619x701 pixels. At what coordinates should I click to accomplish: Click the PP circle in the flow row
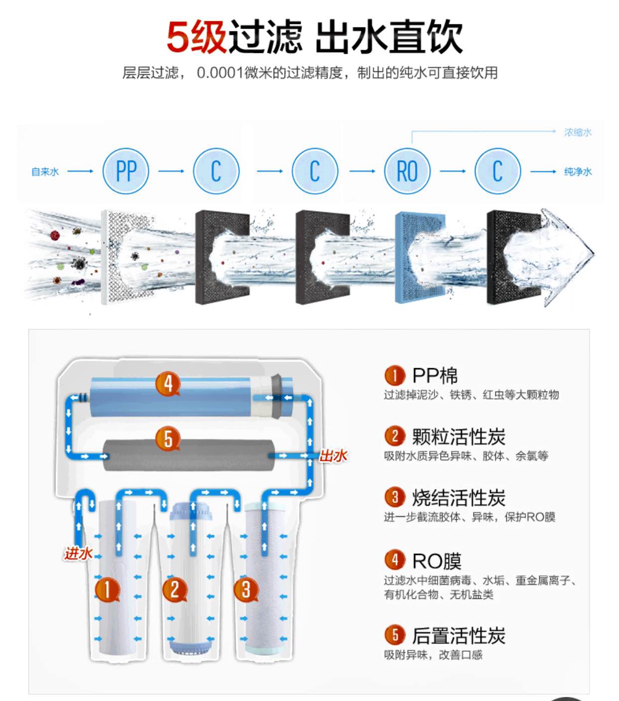(126, 171)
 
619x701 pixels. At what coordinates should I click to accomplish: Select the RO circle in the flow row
(407, 171)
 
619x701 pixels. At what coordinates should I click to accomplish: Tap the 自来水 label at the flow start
(45, 172)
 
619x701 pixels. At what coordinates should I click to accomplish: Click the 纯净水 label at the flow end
(578, 172)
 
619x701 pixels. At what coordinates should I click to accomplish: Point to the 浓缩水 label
(578, 132)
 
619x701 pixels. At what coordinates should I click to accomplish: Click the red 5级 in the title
(196, 37)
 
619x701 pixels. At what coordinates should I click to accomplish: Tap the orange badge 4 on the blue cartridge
(168, 384)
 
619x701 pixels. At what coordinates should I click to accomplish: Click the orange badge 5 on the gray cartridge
(168, 439)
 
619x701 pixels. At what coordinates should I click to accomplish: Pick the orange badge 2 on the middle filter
(174, 589)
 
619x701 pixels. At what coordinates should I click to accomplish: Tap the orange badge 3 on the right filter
(246, 589)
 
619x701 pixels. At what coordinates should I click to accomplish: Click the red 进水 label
(78, 553)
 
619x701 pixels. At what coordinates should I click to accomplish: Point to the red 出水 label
(333, 455)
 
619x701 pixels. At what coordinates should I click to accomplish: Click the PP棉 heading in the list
(435, 375)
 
